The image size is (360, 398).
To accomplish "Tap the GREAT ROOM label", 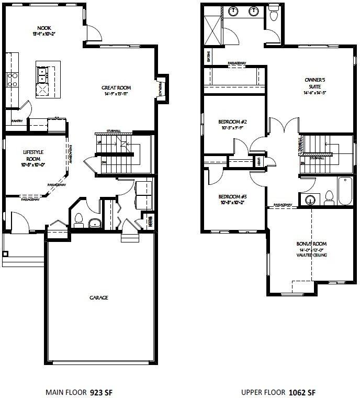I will pyautogui.click(x=116, y=88).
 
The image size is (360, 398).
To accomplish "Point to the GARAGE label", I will pyautogui.click(x=98, y=297).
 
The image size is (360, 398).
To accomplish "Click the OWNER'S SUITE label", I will pyautogui.click(x=316, y=80).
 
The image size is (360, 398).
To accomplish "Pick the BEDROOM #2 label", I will pyautogui.click(x=229, y=122).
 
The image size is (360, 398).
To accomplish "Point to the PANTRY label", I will pyautogui.click(x=16, y=121).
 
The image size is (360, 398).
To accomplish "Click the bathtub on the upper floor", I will pyautogui.click(x=345, y=192).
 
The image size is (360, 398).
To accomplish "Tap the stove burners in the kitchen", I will pyautogui.click(x=12, y=80).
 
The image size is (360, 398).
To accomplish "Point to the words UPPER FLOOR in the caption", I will pyautogui.click(x=260, y=392).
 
